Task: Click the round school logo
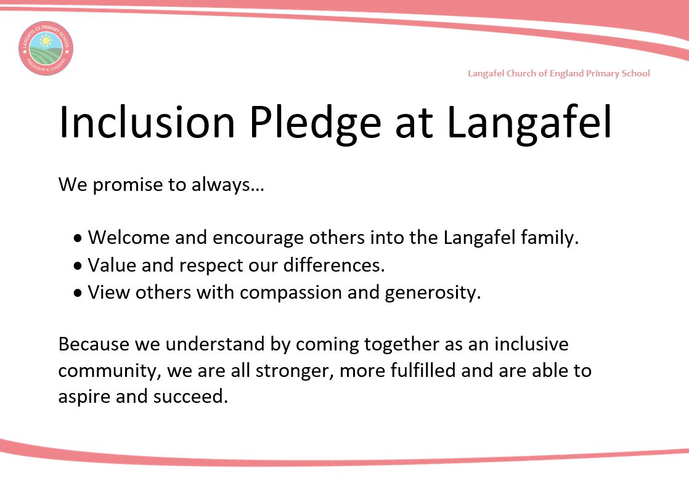(x=46, y=48)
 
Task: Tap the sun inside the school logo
(x=45, y=41)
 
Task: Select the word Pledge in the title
(x=315, y=124)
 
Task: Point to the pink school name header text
(x=558, y=73)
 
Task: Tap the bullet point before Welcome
(x=78, y=238)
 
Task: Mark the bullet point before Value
(x=78, y=265)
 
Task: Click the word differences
(x=334, y=265)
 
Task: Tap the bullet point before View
(x=78, y=293)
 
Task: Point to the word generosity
(x=433, y=293)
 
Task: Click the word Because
(x=94, y=344)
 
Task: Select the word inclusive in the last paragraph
(x=531, y=344)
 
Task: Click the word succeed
(x=190, y=397)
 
